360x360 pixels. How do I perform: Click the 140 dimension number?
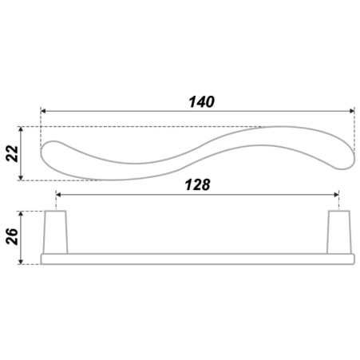pyautogui.click(x=201, y=102)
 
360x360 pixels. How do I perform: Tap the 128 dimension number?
pyautogui.click(x=197, y=184)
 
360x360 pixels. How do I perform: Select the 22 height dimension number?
pyautogui.click(x=12, y=153)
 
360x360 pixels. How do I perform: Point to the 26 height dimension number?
pyautogui.click(x=12, y=236)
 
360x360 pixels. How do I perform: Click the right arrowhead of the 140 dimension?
pyautogui.click(x=351, y=111)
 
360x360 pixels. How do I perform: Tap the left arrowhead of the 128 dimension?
pyautogui.click(x=58, y=195)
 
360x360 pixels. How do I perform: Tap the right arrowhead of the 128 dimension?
pyautogui.click(x=336, y=195)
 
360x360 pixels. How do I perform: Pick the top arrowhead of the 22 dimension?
pyautogui.click(x=22, y=129)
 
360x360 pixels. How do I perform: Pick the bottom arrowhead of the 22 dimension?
pyautogui.click(x=22, y=177)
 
